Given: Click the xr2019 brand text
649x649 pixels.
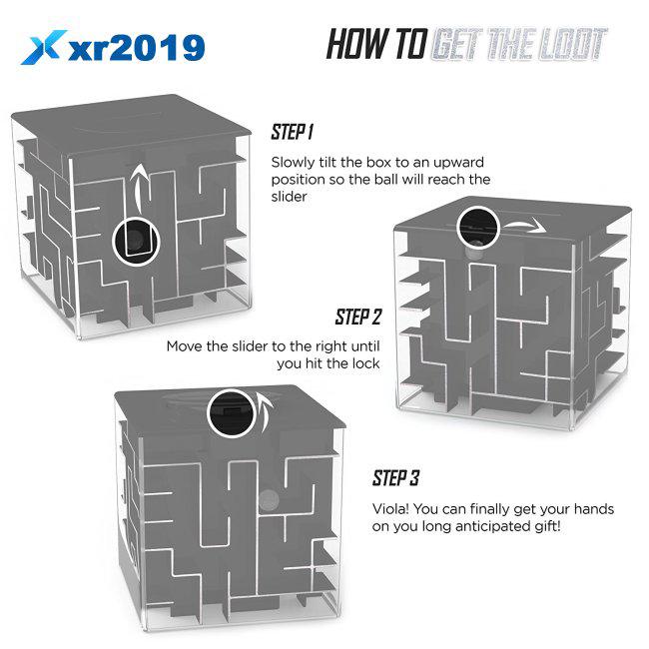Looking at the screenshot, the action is [x=137, y=48].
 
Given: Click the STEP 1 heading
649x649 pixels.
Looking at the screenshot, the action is [x=293, y=132].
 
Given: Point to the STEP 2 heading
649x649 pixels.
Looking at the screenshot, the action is [x=358, y=317].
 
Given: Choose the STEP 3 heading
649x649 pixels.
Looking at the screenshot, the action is [x=395, y=477].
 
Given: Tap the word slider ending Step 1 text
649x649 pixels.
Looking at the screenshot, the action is [x=289, y=196].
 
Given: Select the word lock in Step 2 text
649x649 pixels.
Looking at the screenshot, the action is [x=365, y=363].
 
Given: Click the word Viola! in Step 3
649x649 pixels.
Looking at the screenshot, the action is [x=390, y=508].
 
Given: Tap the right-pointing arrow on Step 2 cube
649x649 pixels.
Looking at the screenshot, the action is [x=523, y=225].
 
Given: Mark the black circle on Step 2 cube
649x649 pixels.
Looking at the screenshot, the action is [x=478, y=228].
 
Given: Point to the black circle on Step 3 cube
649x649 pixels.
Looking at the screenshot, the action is [x=231, y=413].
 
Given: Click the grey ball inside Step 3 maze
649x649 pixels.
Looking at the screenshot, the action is [x=269, y=499].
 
